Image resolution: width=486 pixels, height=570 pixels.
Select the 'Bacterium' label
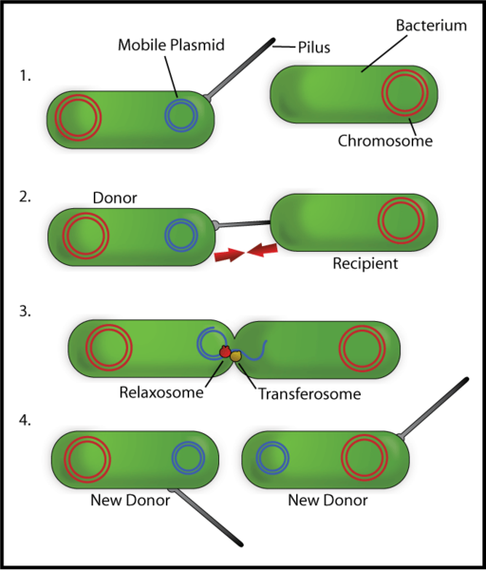(431, 26)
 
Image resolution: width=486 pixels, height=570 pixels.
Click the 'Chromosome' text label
(385, 141)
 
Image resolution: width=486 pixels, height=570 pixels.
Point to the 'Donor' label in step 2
(115, 199)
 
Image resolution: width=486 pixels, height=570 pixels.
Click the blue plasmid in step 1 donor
(181, 115)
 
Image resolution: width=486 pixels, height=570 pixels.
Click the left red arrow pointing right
(229, 256)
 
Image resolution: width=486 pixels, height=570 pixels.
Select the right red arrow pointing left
(264, 250)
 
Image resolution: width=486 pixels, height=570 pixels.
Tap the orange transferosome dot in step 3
(237, 355)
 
